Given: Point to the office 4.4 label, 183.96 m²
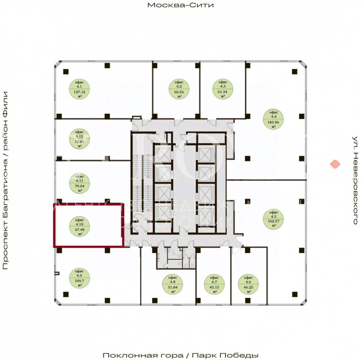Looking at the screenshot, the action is click(273, 119).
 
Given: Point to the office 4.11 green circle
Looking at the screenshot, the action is click(80, 184).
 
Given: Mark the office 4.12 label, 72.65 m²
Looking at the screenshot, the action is click(80, 139).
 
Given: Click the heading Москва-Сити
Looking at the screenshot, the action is click(180, 5).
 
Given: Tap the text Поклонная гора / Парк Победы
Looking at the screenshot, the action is click(180, 355).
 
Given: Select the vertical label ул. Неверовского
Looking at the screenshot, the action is click(355, 181).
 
